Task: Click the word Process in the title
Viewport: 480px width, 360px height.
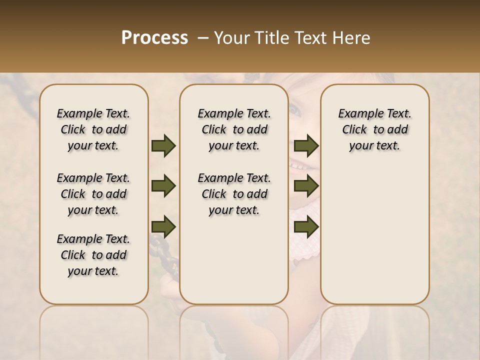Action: [x=154, y=37]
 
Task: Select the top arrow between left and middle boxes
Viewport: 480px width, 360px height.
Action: [x=163, y=146]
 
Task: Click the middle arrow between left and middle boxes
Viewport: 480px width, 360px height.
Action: [x=163, y=186]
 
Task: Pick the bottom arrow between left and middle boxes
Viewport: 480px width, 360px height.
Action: [x=163, y=227]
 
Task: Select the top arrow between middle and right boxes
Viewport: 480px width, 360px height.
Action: [x=306, y=146]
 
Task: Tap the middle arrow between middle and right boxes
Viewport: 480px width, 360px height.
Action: [x=306, y=186]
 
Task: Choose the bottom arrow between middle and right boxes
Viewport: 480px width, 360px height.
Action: [x=306, y=227]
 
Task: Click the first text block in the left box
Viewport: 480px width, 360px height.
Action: [x=93, y=129]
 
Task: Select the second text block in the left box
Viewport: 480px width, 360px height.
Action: [x=93, y=194]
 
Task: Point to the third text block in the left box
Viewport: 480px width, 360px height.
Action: [x=93, y=255]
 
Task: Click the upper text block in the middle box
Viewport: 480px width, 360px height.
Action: [x=234, y=129]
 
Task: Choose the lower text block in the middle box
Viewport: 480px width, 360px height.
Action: [x=234, y=194]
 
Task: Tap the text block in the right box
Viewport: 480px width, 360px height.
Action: [x=375, y=129]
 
